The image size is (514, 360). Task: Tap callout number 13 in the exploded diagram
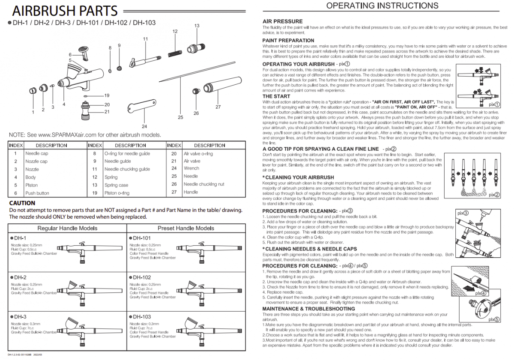point(197,26)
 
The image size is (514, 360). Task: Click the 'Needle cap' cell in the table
point(37,153)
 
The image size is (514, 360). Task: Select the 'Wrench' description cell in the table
point(191,169)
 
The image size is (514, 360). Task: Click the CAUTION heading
point(22,203)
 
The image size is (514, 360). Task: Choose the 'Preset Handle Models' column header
point(185,228)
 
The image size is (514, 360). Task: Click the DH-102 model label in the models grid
point(142,277)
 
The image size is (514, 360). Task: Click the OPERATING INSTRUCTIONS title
point(382,6)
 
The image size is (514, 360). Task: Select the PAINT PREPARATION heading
point(288,41)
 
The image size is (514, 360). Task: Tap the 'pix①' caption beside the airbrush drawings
point(494,104)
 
